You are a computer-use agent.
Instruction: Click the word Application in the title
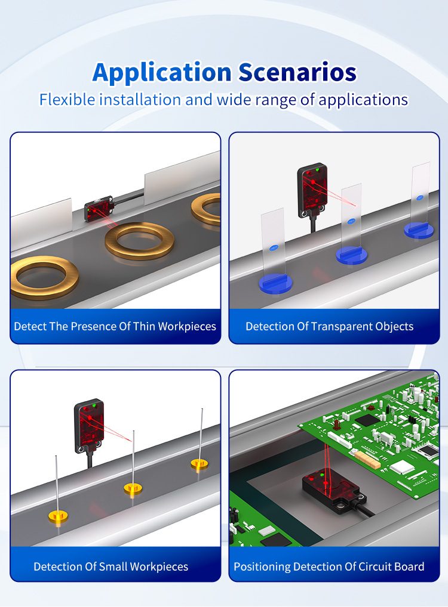162,73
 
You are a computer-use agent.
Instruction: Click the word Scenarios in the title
297,72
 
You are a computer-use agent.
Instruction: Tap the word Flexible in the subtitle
67,100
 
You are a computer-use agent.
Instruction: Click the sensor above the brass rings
99,210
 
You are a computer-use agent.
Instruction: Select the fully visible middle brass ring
140,240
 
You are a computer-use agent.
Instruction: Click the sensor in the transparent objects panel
312,190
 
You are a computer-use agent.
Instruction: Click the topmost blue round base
419,230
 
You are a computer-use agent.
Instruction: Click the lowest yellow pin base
57,516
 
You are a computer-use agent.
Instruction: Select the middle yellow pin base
133,488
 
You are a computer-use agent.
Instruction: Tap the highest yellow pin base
200,463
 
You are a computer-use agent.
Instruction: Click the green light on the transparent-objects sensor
318,169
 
